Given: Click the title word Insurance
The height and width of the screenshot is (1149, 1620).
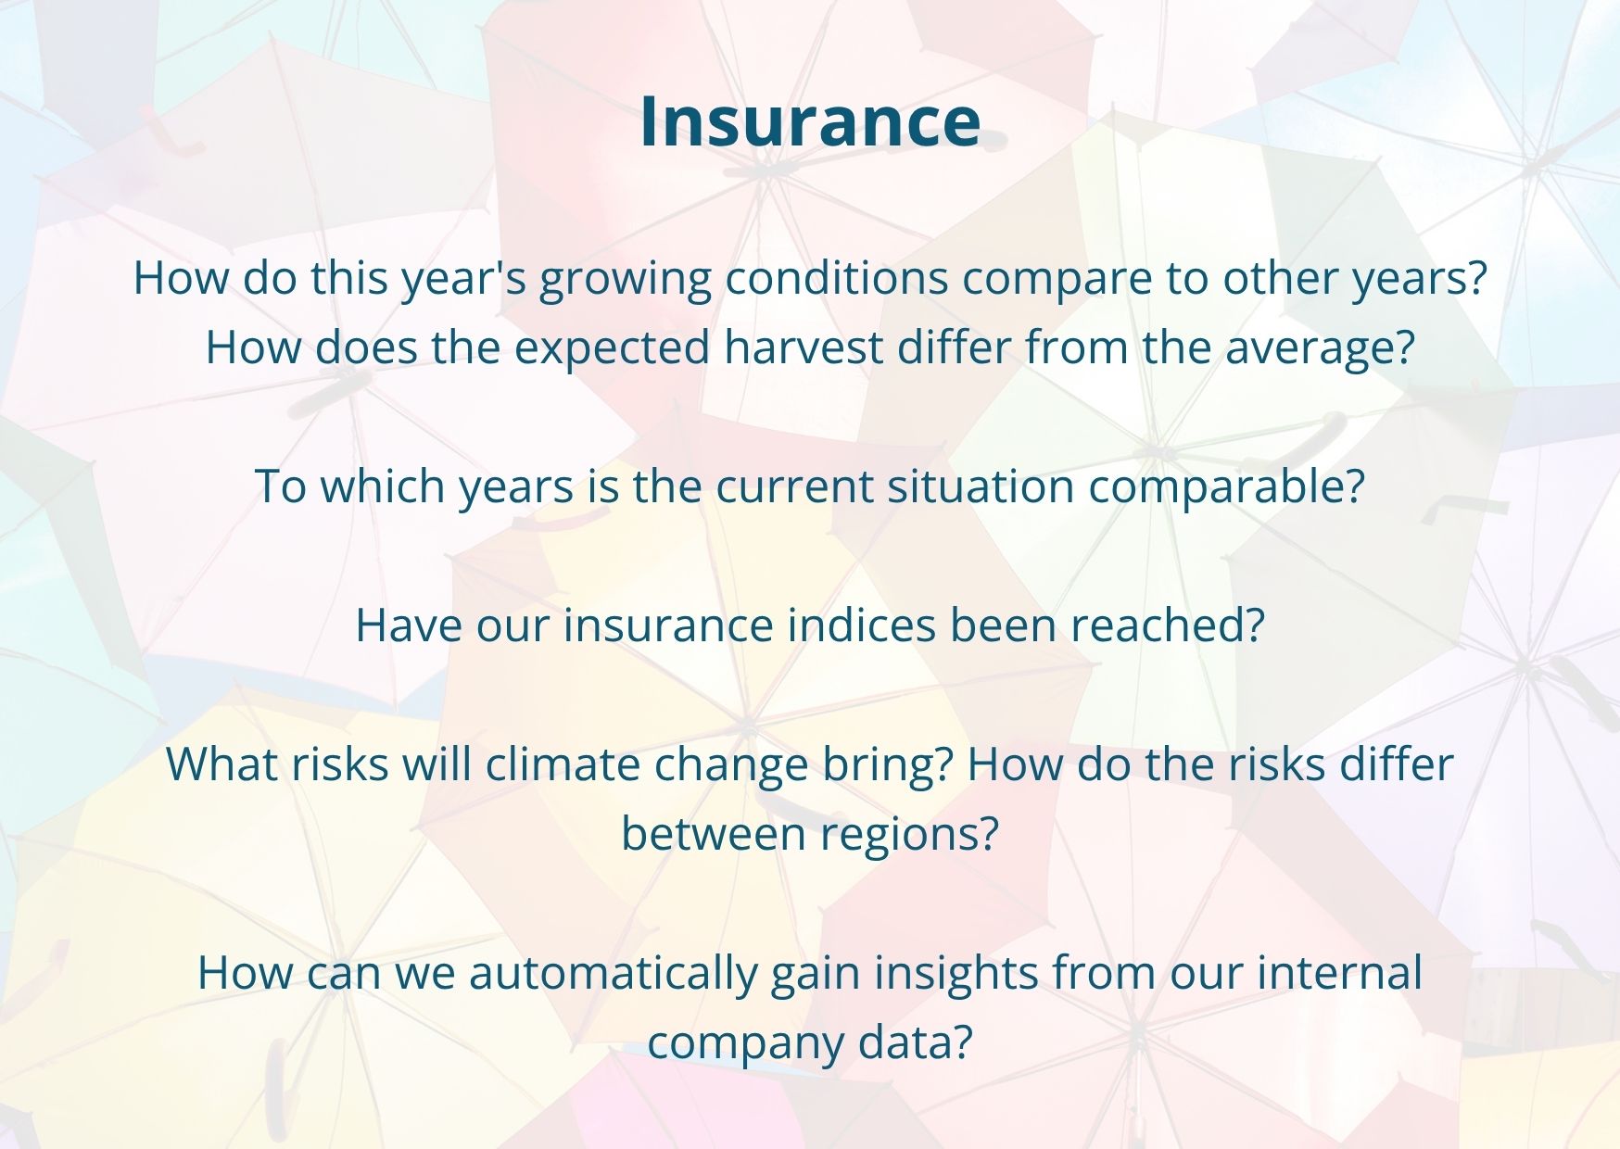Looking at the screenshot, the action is (810, 120).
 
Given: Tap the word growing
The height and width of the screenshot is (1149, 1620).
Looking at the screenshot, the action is (626, 281).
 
